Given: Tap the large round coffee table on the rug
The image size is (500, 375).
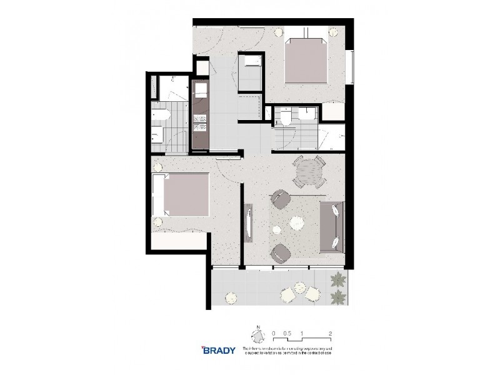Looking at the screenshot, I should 295,221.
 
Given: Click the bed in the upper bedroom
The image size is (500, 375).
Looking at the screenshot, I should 306,61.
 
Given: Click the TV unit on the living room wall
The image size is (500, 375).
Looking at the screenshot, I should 249,220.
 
